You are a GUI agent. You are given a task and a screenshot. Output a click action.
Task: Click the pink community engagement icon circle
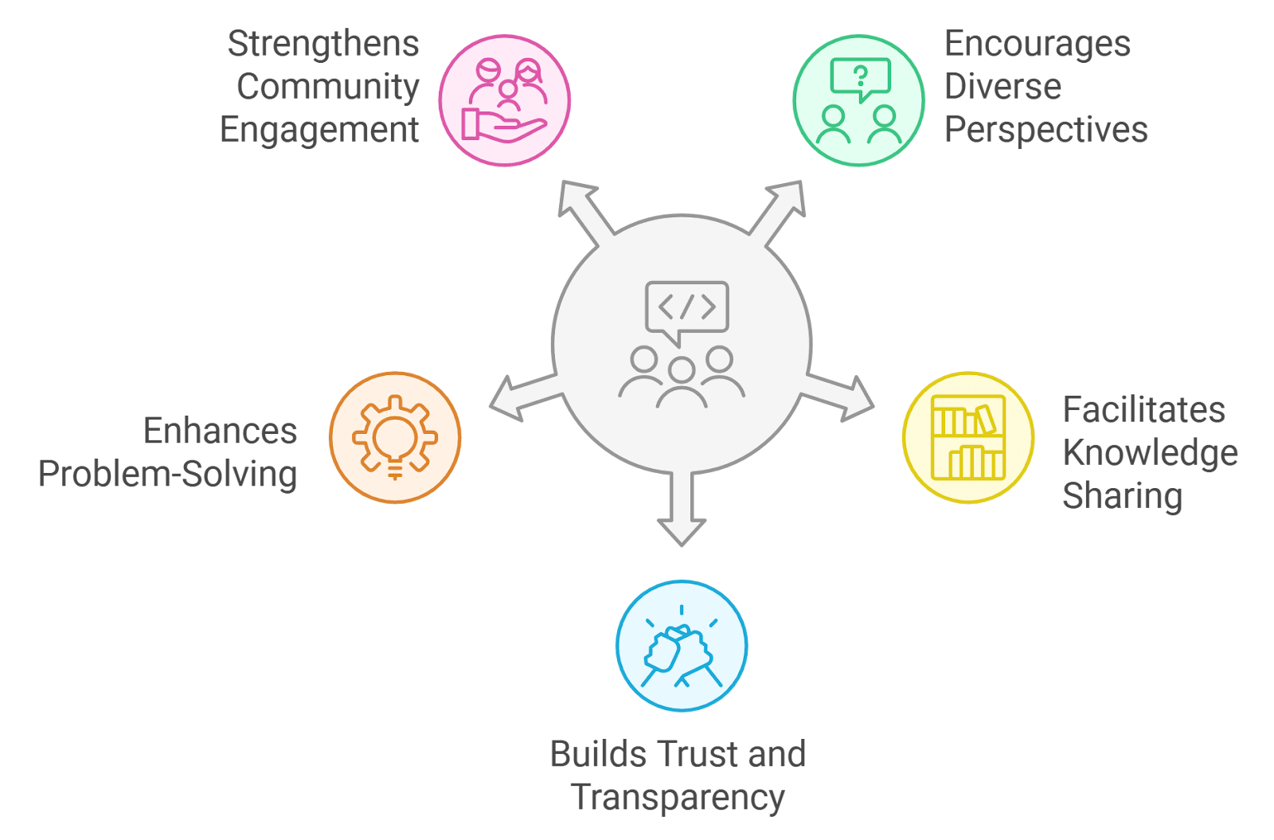point(505,100)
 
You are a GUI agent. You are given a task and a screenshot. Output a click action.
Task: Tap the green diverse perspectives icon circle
point(858,100)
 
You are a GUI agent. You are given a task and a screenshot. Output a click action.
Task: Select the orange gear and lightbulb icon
point(395,437)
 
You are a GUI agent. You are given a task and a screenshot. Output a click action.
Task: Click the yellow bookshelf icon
point(968,437)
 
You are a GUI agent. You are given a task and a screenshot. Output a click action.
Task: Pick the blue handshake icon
point(682,646)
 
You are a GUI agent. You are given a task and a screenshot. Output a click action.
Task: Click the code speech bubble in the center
point(686,307)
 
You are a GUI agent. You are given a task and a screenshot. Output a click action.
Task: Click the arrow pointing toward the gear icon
point(521,396)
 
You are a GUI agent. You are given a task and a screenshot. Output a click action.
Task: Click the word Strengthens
point(323,44)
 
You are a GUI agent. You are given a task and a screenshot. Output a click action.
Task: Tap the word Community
point(327,87)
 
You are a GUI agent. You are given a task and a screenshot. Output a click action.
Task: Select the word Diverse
point(1002,87)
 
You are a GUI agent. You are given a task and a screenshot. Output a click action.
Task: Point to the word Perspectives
point(1045,130)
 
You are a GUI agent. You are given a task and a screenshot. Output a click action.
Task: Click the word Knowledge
point(1151,453)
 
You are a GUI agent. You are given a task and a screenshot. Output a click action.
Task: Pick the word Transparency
point(678,797)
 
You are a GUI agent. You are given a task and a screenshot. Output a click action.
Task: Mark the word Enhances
point(220,432)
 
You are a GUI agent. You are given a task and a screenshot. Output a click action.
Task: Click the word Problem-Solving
point(168,475)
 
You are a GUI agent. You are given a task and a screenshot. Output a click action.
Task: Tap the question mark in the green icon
point(860,76)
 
